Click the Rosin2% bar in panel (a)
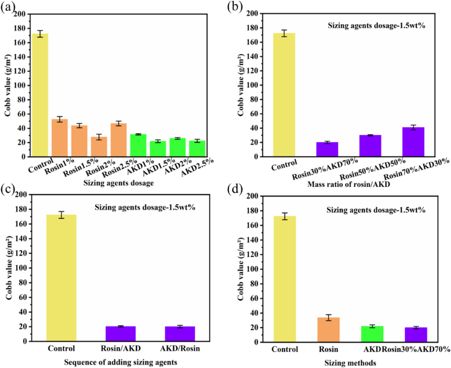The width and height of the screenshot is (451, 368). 99,147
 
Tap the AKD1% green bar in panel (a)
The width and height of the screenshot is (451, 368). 138,145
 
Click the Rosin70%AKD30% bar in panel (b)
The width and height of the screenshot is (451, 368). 413,142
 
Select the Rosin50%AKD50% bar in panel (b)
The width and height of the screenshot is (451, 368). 370,146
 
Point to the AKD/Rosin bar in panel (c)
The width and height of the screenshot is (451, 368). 180,334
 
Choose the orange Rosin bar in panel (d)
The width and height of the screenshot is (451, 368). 328,330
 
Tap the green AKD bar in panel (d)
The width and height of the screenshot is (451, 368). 372,334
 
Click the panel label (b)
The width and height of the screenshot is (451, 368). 235,7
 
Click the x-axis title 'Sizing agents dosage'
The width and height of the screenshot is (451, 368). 118,183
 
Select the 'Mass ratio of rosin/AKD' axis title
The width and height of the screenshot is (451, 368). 348,184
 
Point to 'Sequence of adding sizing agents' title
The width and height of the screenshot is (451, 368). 120,362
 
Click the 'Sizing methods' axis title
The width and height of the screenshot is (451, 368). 350,363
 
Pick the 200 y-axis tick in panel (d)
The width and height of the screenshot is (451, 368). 252,196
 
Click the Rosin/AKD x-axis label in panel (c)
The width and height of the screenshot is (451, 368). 121,348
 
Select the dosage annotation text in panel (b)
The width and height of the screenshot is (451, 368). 376,25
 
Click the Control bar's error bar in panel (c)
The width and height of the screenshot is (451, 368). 61,215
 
